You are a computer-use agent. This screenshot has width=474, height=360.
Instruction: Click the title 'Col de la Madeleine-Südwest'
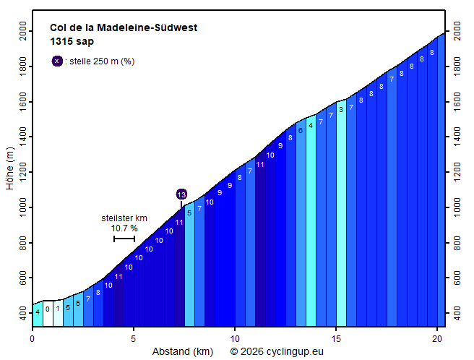(124, 28)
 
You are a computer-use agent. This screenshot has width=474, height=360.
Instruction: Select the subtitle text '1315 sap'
(72, 42)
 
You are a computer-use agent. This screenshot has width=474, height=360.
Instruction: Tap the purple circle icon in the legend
(57, 61)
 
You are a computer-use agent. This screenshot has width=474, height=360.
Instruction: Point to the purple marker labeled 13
(181, 194)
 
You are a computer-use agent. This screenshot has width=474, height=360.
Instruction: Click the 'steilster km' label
(124, 218)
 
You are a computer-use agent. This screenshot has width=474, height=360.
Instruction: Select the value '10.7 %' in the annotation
(124, 228)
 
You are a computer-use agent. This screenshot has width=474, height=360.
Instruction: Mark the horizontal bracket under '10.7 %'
(124, 239)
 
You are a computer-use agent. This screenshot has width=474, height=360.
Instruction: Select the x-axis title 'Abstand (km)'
(182, 352)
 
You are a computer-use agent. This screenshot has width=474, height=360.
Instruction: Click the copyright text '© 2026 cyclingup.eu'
(277, 352)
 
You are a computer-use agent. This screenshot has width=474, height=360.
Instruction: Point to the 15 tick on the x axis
(335, 338)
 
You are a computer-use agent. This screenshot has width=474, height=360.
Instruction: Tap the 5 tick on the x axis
(133, 338)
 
